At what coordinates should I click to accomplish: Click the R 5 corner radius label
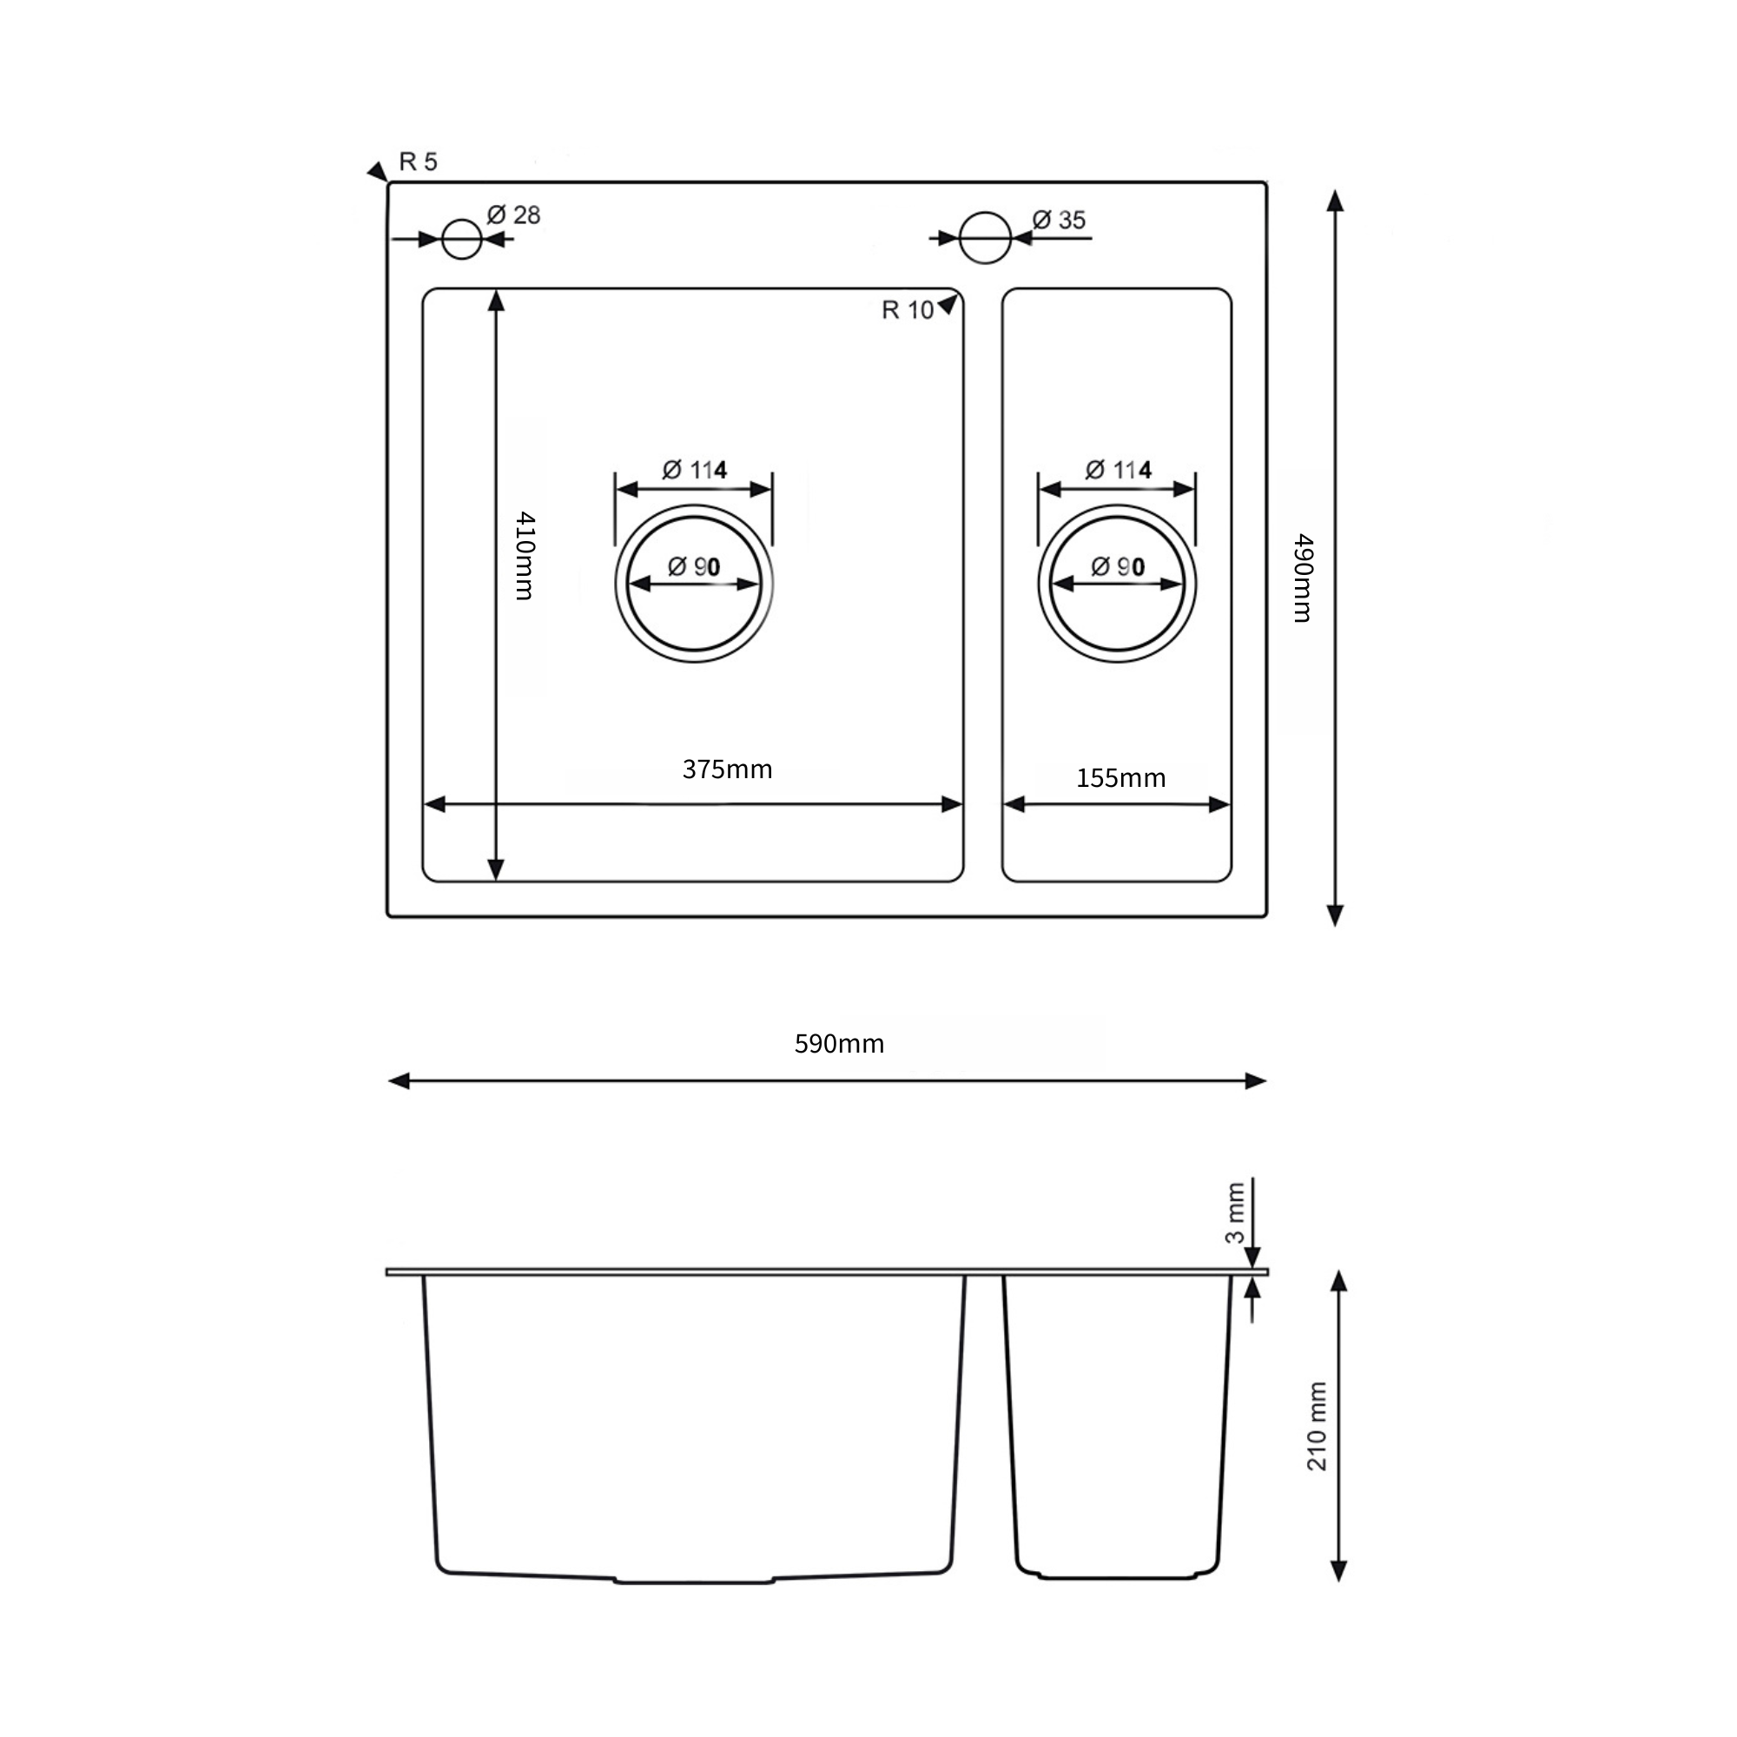418,162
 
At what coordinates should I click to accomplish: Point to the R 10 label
908,310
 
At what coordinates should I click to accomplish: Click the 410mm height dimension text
525,556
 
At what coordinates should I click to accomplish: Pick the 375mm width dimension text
727,769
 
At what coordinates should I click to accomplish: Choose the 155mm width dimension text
1120,777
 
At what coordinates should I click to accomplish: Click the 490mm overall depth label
1303,579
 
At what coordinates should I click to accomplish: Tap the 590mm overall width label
839,1043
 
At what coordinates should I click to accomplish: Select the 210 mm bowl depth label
1317,1426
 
